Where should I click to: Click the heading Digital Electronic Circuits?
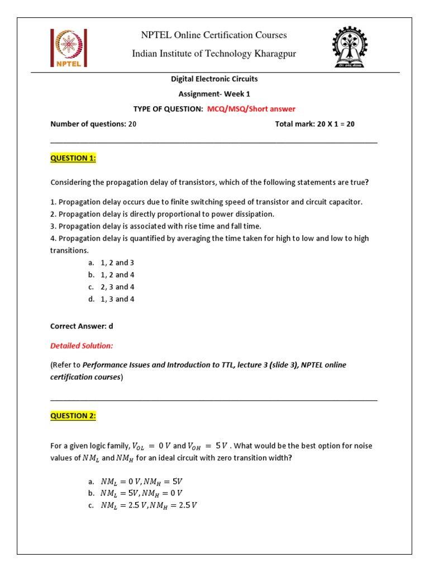pos(214,79)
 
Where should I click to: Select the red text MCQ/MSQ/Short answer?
pos(251,109)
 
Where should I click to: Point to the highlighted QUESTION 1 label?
pos(73,158)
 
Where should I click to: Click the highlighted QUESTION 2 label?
pos(73,416)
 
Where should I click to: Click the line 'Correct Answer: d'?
pos(82,326)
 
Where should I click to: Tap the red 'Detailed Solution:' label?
pos(82,346)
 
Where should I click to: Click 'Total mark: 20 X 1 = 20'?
pos(314,124)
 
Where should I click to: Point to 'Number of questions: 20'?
pos(93,124)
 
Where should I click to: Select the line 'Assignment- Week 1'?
pos(214,94)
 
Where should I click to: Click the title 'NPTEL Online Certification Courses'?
pos(214,35)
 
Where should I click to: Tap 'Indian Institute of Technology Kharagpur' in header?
pos(214,54)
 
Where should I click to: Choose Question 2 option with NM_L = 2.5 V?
pos(149,506)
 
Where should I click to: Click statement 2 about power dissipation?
pos(162,214)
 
